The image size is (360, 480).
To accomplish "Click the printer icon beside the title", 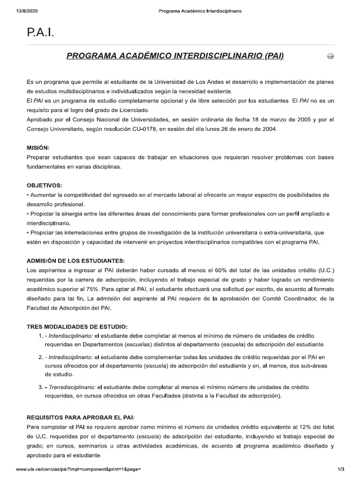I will click(x=330, y=57).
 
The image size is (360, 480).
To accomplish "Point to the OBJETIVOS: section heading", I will click(x=45, y=185).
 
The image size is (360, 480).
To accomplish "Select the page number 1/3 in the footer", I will click(x=341, y=469).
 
